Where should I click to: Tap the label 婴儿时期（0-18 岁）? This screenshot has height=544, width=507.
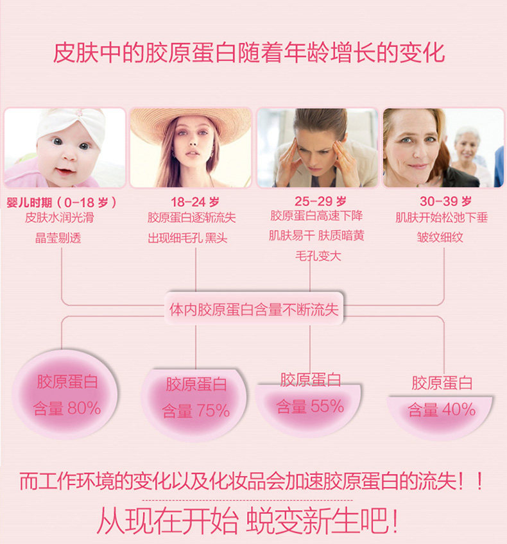point(62,201)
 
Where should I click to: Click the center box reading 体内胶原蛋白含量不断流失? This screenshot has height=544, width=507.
point(253,310)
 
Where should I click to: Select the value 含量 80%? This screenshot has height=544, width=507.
point(67,408)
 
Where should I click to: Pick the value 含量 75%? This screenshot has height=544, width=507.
point(196,411)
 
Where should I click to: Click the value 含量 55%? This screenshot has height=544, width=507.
point(310,405)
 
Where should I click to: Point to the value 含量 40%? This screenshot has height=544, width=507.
point(442,409)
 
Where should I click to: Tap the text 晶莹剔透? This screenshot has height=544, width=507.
point(58,238)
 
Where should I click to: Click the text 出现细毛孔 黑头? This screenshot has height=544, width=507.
point(187,238)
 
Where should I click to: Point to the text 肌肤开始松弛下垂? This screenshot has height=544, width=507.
point(442,218)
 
